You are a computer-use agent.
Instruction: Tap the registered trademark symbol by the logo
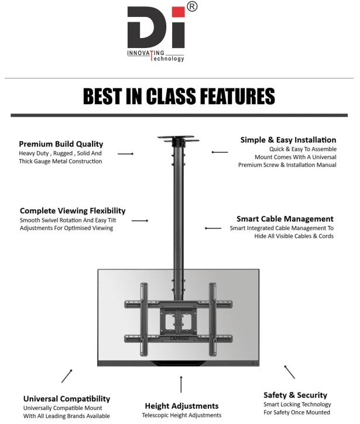(x=191, y=7)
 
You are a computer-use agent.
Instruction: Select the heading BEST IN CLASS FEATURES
(x=179, y=96)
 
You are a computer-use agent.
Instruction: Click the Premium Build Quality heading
(x=61, y=143)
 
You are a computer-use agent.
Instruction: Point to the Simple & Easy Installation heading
(x=288, y=140)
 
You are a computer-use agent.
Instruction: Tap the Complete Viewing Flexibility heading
(x=73, y=210)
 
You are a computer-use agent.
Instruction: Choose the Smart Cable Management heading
(x=284, y=219)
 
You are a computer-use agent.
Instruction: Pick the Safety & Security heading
(x=295, y=395)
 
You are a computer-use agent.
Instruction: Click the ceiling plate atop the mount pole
(x=178, y=139)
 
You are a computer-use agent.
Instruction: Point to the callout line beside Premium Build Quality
(x=125, y=153)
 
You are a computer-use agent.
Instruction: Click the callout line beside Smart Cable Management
(x=213, y=228)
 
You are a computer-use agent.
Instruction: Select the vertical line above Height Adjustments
(x=181, y=384)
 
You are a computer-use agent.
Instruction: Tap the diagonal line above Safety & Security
(x=289, y=372)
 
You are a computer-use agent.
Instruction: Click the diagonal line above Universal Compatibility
(x=67, y=375)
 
